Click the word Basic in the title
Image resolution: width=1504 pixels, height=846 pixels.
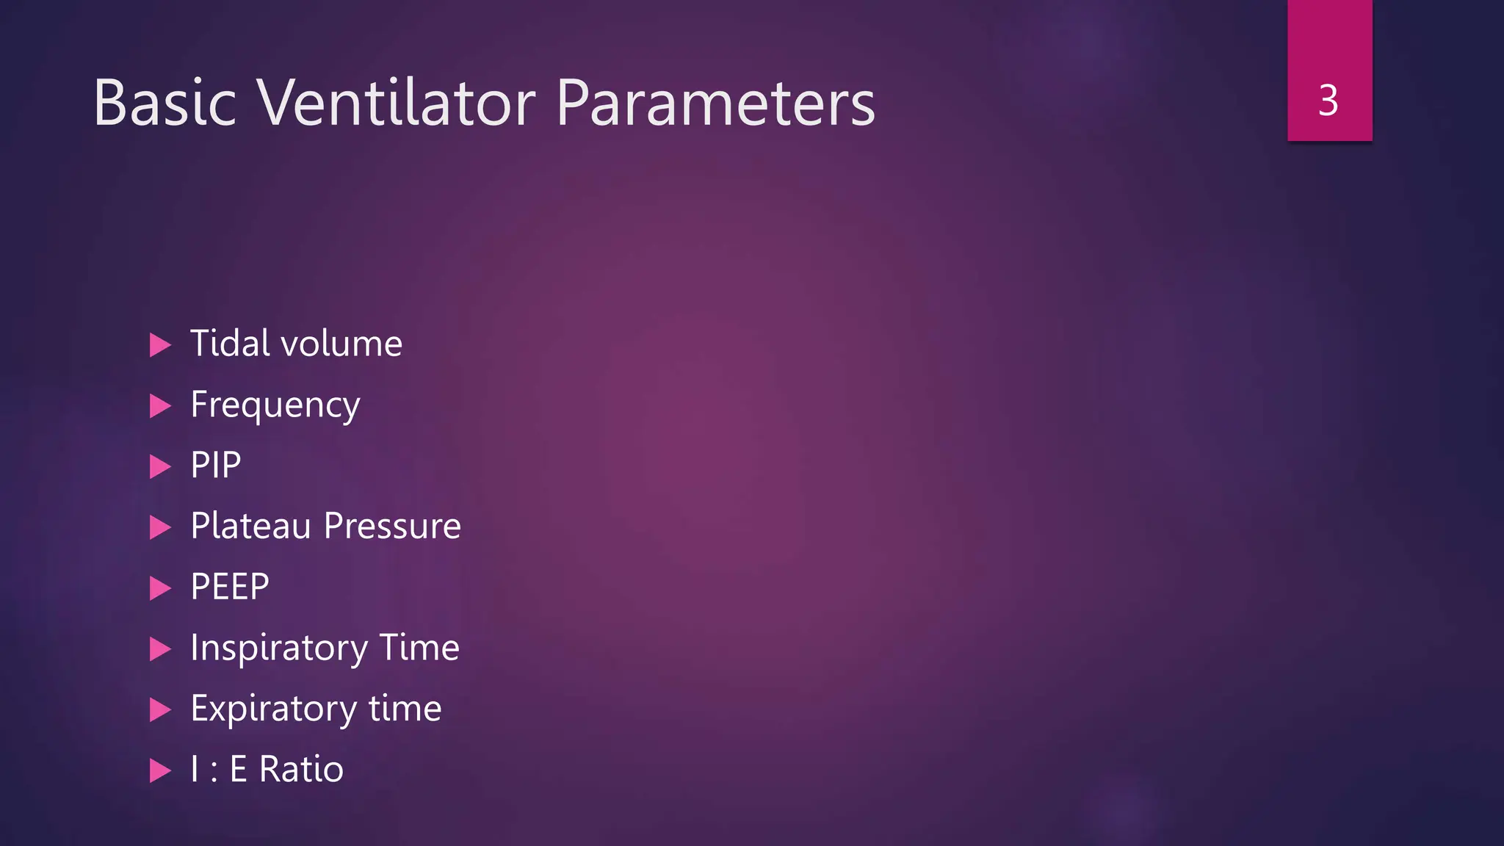pyautogui.click(x=164, y=102)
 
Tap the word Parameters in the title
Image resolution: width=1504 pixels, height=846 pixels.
pyautogui.click(x=715, y=102)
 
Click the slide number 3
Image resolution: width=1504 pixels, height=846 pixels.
pyautogui.click(x=1328, y=100)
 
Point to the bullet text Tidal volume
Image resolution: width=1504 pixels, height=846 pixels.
pyautogui.click(x=296, y=344)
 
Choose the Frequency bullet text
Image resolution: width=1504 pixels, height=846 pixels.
pyautogui.click(x=275, y=405)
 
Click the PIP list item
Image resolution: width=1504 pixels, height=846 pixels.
pyautogui.click(x=215, y=466)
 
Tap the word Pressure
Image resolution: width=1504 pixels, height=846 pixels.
pyautogui.click(x=392, y=526)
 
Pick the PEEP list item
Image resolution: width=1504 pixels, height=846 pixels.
pyautogui.click(x=229, y=587)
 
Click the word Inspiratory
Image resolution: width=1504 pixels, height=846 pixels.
pyautogui.click(x=279, y=648)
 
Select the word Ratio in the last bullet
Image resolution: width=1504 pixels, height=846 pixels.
pyautogui.click(x=301, y=770)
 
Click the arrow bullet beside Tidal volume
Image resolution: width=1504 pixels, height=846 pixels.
pyautogui.click(x=160, y=344)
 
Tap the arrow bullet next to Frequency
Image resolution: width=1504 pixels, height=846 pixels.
pyautogui.click(x=160, y=405)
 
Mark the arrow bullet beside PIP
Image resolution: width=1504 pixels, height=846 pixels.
pyautogui.click(x=160, y=466)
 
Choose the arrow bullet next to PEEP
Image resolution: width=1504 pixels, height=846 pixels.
pyautogui.click(x=160, y=588)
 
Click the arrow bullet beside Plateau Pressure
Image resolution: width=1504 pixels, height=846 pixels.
pyautogui.click(x=160, y=527)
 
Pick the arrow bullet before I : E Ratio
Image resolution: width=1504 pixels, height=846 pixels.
pyautogui.click(x=160, y=770)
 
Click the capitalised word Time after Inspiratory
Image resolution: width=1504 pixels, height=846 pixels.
pyautogui.click(x=419, y=648)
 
